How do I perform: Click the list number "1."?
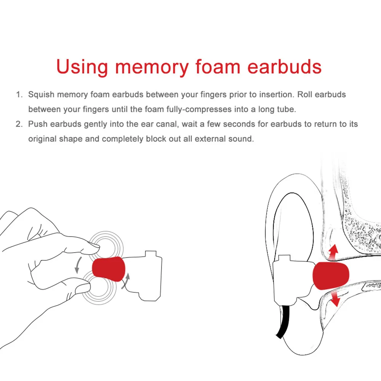tap(19, 94)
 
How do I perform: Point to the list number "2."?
tap(19, 124)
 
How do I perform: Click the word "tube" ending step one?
tap(286, 109)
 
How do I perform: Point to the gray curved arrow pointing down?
tap(78, 265)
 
